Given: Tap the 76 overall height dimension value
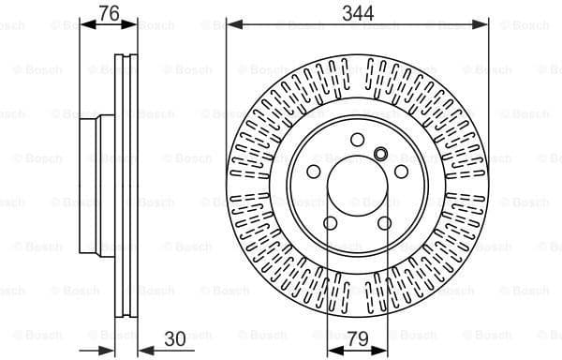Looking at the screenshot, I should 110,12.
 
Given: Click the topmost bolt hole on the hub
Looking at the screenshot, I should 357,140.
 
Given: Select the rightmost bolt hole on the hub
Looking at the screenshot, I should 401,172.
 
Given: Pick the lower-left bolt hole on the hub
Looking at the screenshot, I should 331,223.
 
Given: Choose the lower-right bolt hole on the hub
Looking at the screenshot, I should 385,223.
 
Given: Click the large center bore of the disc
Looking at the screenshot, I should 357,186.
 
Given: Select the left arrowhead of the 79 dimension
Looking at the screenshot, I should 330,349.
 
